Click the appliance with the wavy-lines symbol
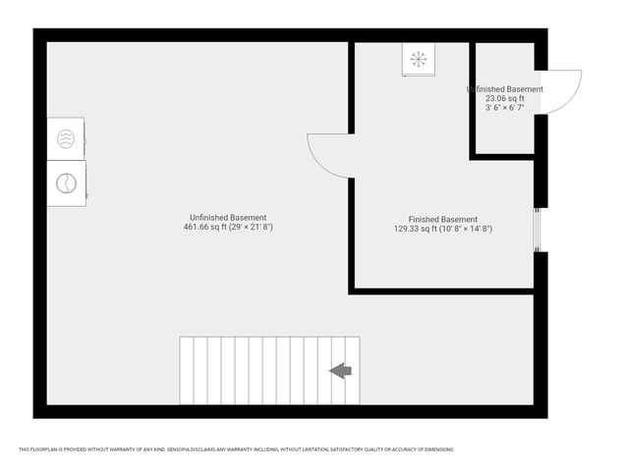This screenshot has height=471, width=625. coord(66,138)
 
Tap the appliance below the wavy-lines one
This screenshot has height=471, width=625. coord(66,183)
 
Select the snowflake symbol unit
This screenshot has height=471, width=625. coord(418,60)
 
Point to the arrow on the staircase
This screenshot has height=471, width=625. coord(340,370)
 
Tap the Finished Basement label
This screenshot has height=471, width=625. coord(442,219)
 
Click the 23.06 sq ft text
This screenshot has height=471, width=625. coord(505,98)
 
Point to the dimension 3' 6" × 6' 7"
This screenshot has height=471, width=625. coord(505,107)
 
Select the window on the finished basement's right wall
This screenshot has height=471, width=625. coord(538,230)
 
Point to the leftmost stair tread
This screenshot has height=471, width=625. coord(187,370)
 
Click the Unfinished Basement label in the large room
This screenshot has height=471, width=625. coord(228,217)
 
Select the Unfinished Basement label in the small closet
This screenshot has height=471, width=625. coord(505,89)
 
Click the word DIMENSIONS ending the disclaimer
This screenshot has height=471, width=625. coord(438,449)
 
